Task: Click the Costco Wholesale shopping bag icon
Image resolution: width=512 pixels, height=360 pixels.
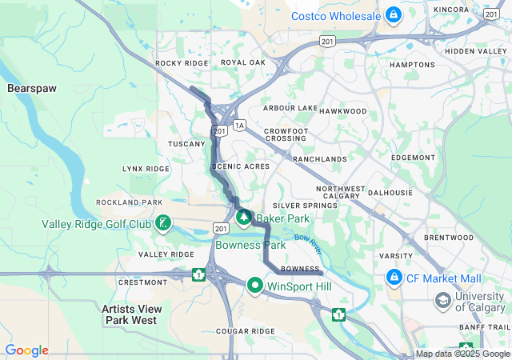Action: (x=393, y=14)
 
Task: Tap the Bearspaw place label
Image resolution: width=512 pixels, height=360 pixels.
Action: (x=32, y=87)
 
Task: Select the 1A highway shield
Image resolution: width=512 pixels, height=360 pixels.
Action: (x=239, y=125)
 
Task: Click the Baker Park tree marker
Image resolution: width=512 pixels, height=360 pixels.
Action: (x=244, y=217)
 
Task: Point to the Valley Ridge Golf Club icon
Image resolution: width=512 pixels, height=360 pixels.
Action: (x=162, y=223)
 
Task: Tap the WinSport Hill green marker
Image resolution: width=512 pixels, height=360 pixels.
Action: (x=255, y=285)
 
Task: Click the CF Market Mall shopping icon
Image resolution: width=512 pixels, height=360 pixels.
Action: (x=394, y=278)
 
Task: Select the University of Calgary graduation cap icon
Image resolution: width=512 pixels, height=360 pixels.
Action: (x=442, y=301)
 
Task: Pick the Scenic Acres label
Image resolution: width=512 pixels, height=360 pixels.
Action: (x=240, y=166)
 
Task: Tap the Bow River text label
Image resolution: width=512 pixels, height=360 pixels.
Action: (x=306, y=238)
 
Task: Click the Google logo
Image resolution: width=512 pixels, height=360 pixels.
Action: (x=26, y=350)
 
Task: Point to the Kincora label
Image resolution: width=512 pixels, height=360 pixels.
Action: (x=451, y=10)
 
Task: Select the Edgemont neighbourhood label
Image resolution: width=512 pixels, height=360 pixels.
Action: (x=414, y=158)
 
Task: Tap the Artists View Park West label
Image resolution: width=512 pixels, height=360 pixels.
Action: (x=132, y=314)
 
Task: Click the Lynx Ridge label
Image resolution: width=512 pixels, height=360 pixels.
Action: (x=146, y=169)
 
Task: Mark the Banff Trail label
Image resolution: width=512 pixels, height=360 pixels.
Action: (x=484, y=326)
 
